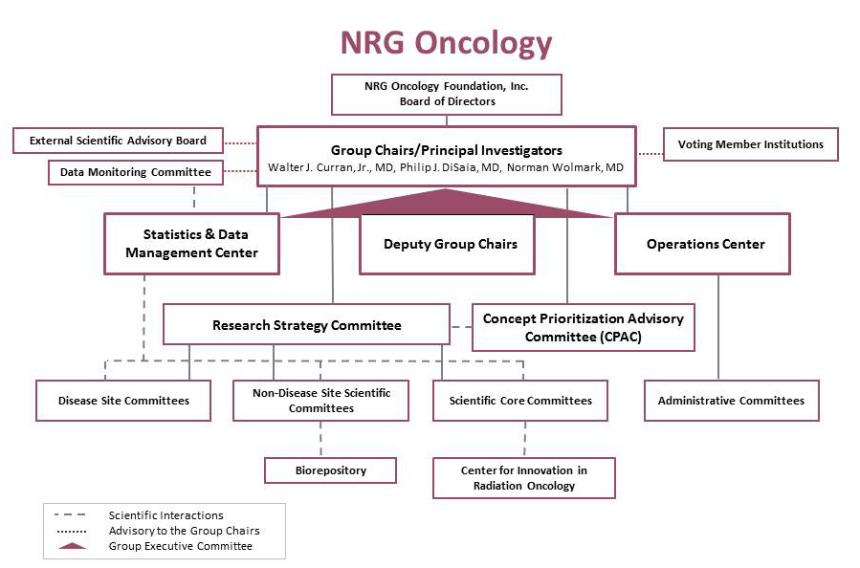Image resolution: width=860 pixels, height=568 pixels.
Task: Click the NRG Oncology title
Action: tap(446, 43)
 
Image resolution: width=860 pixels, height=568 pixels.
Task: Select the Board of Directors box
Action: tap(447, 95)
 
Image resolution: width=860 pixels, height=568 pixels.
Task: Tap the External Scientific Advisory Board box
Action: tap(118, 141)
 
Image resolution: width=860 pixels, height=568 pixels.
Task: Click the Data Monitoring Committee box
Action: tap(136, 172)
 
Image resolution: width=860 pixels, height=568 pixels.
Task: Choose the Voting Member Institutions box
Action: tap(750, 144)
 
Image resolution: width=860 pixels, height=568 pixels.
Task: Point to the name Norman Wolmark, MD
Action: tap(565, 167)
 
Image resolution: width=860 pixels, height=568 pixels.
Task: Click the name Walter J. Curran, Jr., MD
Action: tap(331, 167)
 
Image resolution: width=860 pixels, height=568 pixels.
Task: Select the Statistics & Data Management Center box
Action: tap(192, 244)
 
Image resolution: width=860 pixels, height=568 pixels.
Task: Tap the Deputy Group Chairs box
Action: tap(447, 244)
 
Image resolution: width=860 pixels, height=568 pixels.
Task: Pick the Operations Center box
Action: tap(702, 244)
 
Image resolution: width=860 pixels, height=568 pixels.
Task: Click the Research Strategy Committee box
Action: tap(306, 324)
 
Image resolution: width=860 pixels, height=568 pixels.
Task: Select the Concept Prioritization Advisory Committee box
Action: tap(583, 327)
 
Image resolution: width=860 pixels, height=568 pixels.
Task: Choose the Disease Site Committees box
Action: tap(123, 401)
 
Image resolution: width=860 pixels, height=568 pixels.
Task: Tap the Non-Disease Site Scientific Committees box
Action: tap(320, 401)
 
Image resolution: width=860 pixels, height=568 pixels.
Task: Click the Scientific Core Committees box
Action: tap(520, 401)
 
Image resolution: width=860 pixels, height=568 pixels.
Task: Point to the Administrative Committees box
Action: tap(732, 401)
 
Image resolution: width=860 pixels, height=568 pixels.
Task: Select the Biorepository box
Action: tap(330, 470)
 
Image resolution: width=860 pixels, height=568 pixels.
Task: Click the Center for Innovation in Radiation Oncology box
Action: tap(524, 478)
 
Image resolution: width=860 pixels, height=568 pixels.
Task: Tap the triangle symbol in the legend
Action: tap(72, 546)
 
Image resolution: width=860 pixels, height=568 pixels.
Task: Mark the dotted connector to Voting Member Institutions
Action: tap(651, 154)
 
